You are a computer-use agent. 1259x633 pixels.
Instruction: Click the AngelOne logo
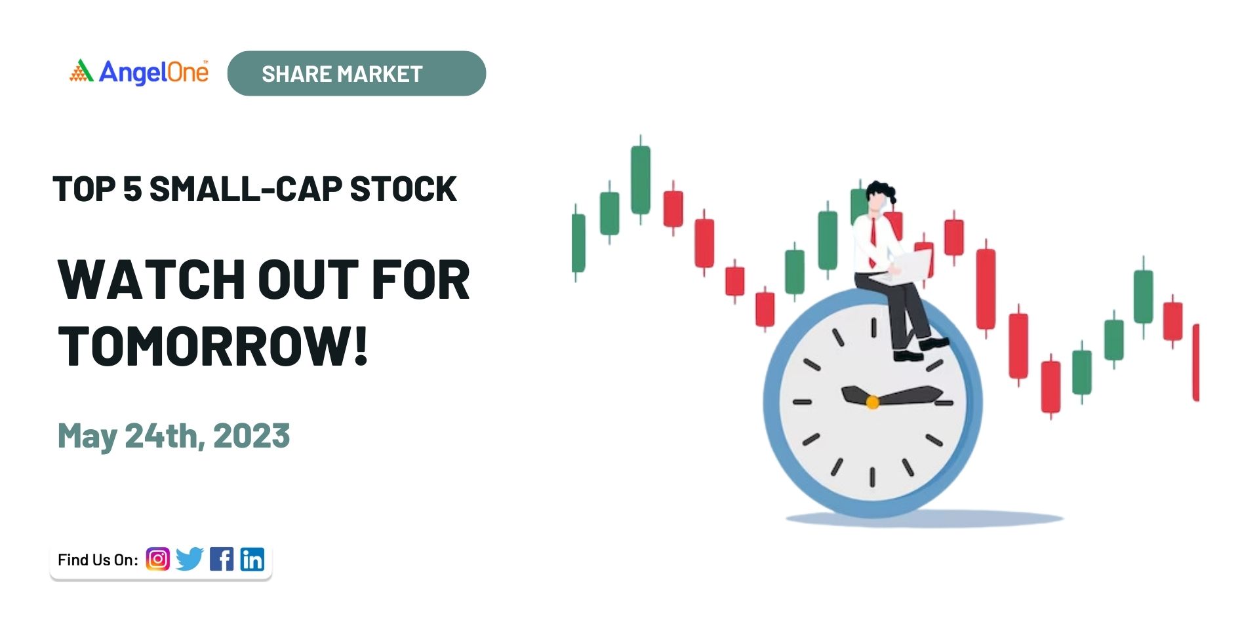point(139,72)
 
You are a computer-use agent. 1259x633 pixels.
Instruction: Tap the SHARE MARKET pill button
point(357,73)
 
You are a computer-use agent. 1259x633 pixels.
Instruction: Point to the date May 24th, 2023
point(174,436)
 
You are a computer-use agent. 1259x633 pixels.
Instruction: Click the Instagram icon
point(157,559)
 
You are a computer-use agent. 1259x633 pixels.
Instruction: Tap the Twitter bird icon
point(190,559)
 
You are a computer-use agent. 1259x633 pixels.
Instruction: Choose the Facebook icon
point(222,559)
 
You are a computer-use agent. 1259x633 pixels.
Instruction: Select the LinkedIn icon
point(252,559)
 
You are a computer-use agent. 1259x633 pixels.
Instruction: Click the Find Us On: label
point(98,560)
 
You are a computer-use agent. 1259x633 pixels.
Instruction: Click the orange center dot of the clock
point(872,402)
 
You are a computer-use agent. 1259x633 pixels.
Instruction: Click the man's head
point(879,197)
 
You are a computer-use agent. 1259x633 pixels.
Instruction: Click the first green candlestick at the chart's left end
point(578,242)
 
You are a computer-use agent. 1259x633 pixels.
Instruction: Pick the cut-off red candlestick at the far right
point(1195,362)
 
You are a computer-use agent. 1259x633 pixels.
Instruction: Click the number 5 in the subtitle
point(132,189)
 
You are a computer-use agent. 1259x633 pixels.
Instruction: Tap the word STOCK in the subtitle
point(403,189)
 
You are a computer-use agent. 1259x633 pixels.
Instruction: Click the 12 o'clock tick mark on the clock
point(873,328)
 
